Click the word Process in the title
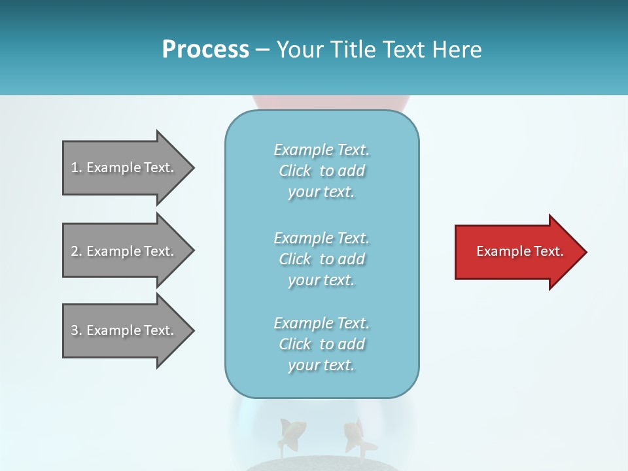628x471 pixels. tap(205, 49)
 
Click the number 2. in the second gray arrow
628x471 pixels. tap(77, 251)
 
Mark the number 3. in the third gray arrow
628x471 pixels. tap(77, 330)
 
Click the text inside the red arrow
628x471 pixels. tap(519, 251)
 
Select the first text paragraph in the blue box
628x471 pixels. tap(321, 171)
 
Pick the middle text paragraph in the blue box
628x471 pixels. tap(321, 259)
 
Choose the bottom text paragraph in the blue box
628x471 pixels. tap(321, 344)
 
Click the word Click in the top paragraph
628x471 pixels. tap(295, 171)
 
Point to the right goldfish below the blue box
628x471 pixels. tap(357, 435)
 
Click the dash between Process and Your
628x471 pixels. tap(262, 50)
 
